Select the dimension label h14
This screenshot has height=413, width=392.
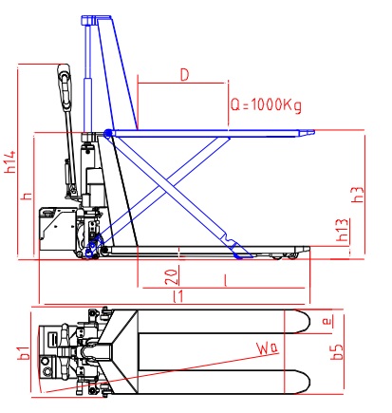pyautogui.click(x=10, y=163)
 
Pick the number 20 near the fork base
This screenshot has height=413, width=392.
pyautogui.click(x=169, y=275)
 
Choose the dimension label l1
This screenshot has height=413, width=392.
pyautogui.click(x=177, y=298)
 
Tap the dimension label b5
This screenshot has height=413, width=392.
pyautogui.click(x=338, y=355)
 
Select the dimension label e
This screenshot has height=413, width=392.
pyautogui.click(x=327, y=322)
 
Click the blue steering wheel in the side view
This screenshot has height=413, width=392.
pyautogui.click(x=93, y=248)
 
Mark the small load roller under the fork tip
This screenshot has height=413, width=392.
pyautogui.click(x=282, y=254)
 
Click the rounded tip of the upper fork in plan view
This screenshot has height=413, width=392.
pyautogui.click(x=306, y=321)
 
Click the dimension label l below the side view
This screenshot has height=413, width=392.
pyautogui.click(x=223, y=282)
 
